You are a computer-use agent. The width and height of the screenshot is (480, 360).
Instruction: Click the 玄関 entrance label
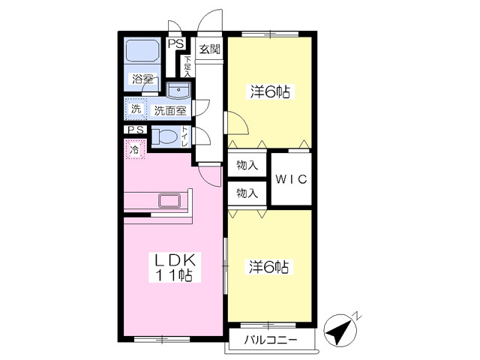click(x=210, y=49)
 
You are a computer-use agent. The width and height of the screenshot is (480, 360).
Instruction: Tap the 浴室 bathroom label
click(x=142, y=79)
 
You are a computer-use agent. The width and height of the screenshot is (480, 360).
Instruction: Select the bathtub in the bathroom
click(x=142, y=51)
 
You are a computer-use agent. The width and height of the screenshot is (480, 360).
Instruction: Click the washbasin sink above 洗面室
click(x=178, y=91)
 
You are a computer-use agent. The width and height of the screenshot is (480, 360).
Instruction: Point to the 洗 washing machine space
click(x=136, y=109)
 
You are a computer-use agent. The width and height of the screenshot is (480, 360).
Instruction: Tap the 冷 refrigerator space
click(x=134, y=150)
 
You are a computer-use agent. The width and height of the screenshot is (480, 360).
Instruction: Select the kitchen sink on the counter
click(x=169, y=201)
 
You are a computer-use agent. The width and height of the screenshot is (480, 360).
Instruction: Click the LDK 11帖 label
click(x=175, y=268)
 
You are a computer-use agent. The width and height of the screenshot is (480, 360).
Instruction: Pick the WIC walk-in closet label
click(x=291, y=179)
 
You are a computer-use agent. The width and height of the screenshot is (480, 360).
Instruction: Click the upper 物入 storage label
click(x=247, y=166)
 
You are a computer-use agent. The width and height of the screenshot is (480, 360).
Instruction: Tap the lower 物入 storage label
click(x=247, y=193)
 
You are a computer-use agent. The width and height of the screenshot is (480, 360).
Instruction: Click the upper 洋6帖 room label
click(x=270, y=91)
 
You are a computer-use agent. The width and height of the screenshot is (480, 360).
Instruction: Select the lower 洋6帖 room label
click(x=268, y=267)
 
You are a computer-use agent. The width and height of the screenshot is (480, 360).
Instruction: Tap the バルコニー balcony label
click(x=270, y=340)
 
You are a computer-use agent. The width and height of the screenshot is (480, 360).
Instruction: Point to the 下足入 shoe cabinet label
click(x=187, y=66)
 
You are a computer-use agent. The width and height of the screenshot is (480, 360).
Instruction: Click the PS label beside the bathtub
click(x=175, y=43)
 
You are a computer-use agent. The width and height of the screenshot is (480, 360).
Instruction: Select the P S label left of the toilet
click(x=136, y=130)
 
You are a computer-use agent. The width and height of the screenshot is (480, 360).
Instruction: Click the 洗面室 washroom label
click(x=170, y=110)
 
